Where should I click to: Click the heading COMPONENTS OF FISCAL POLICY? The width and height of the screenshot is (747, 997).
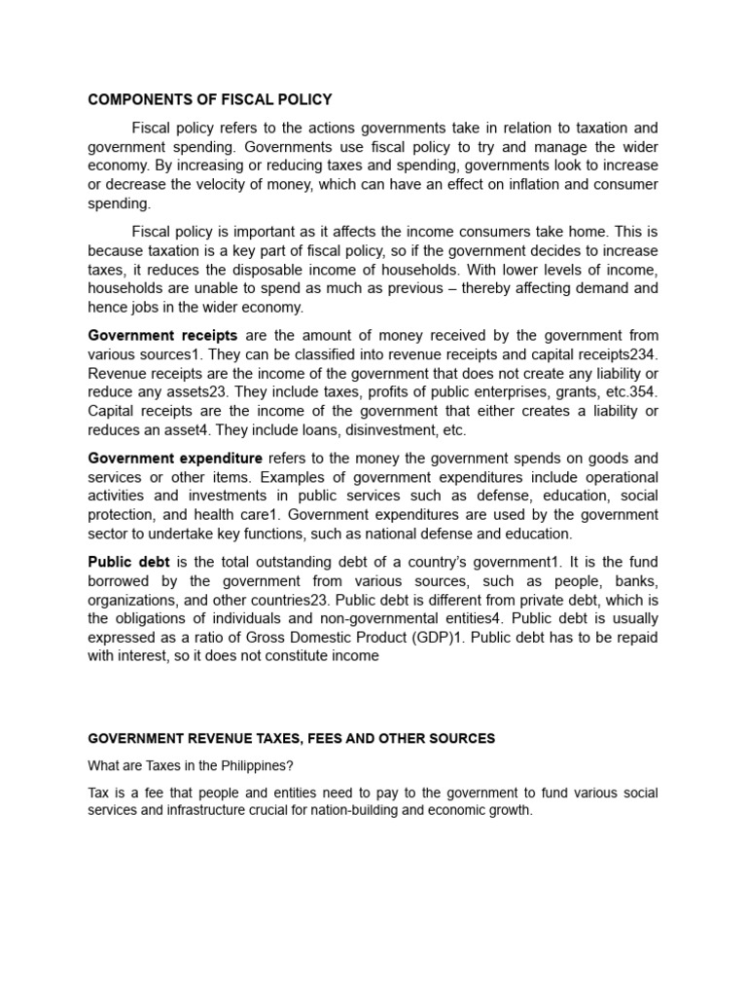[x=210, y=99]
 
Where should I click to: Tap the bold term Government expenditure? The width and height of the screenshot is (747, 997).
[x=175, y=458]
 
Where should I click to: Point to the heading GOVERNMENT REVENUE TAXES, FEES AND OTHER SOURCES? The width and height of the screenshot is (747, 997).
[x=292, y=739]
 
